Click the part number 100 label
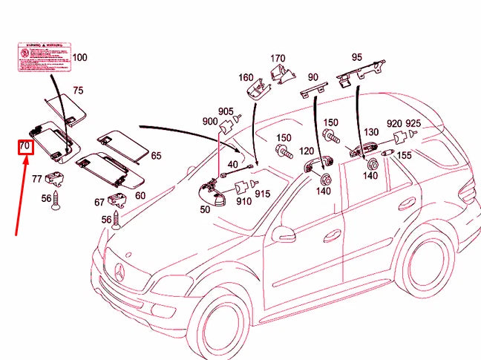pyautogui.click(x=79, y=57)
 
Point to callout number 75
pyautogui.click(x=78, y=91)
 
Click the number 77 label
pyautogui.click(x=36, y=178)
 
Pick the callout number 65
pyautogui.click(x=156, y=156)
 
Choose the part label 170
pyautogui.click(x=278, y=58)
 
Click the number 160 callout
pyautogui.click(x=246, y=77)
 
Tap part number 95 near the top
pyautogui.click(x=357, y=57)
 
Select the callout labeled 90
pyautogui.click(x=313, y=77)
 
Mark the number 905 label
pyautogui.click(x=226, y=111)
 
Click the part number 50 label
pyautogui.click(x=205, y=210)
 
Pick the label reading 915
pyautogui.click(x=263, y=194)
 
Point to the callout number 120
pyautogui.click(x=307, y=151)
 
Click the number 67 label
pyautogui.click(x=99, y=202)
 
